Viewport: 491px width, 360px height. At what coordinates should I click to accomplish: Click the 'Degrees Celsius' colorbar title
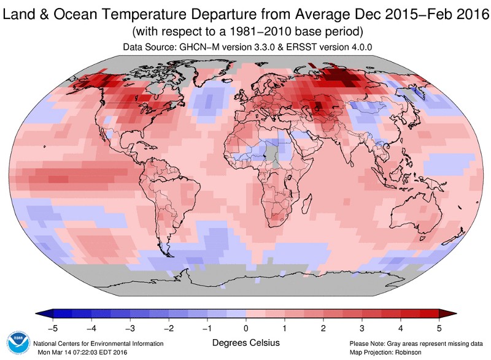pyautogui.click(x=246, y=342)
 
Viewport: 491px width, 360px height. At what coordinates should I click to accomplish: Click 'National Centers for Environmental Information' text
pyautogui.click(x=98, y=343)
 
